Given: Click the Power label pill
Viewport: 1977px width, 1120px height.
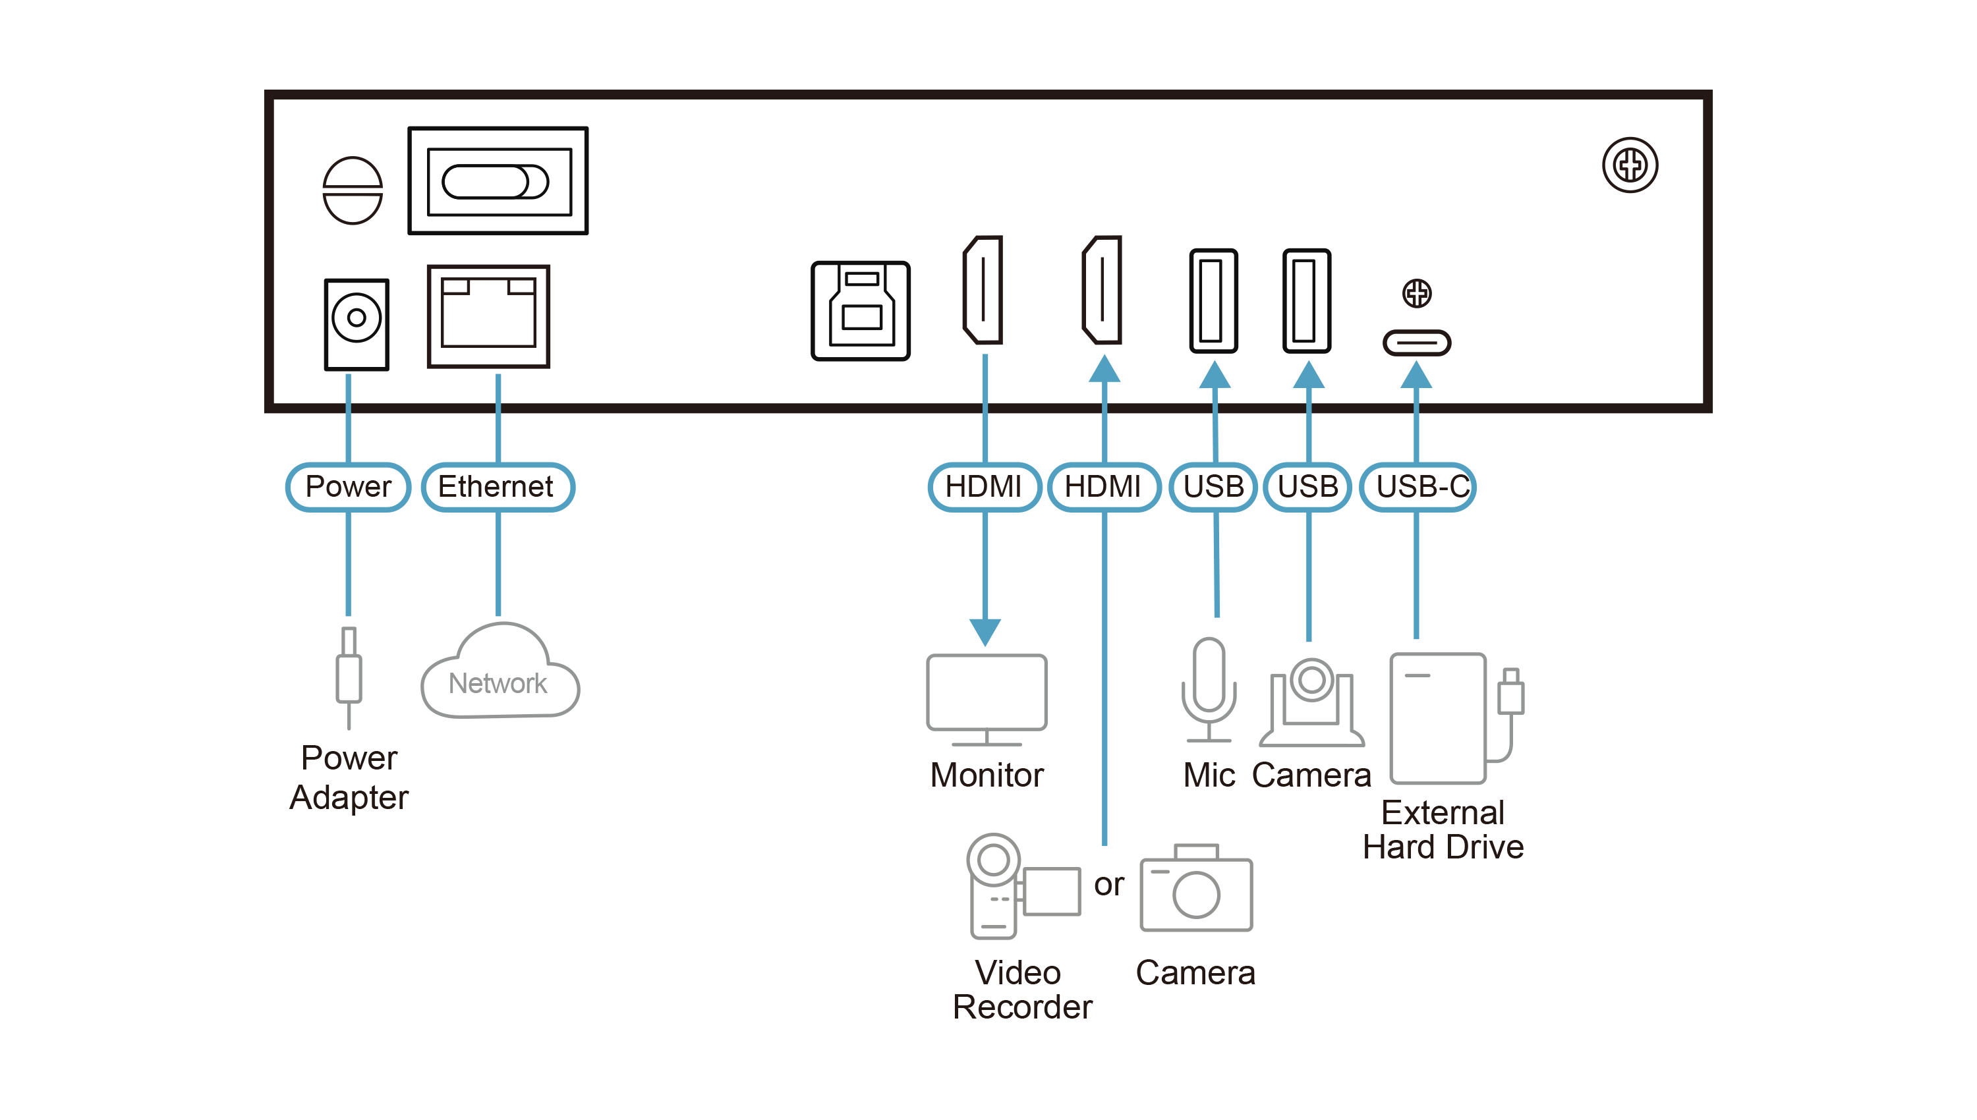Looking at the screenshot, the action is pos(348,487).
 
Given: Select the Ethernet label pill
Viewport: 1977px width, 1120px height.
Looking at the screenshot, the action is pos(498,487).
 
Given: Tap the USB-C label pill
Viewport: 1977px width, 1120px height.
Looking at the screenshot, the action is pos(1417,487).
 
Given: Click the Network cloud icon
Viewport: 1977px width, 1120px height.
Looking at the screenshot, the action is pos(500,671).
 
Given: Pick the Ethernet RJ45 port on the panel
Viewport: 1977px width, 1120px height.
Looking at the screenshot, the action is pos(488,317).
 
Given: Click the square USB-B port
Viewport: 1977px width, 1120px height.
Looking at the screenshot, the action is pos(860,311).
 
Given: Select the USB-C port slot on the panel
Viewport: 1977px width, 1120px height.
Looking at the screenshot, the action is pos(1416,343).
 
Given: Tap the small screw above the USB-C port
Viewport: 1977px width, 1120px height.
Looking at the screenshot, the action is pos(1416,293).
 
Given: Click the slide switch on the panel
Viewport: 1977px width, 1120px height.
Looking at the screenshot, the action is pos(496,182).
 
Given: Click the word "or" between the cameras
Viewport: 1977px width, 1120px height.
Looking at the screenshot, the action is pos(1108,885).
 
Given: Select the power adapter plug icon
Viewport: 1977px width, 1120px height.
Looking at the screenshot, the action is pos(349,677).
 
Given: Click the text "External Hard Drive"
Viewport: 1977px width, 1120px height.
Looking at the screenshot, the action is pos(1443,830).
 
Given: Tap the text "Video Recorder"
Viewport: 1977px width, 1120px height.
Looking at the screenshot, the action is pos(1021,990).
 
